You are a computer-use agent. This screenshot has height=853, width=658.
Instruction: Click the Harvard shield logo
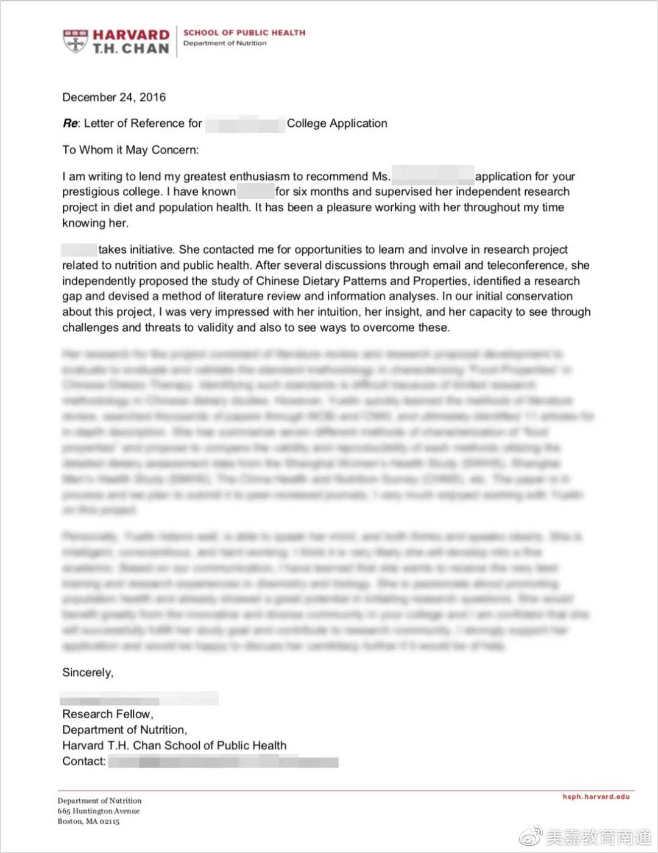(x=75, y=41)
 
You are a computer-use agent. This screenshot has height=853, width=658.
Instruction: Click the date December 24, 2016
(x=114, y=98)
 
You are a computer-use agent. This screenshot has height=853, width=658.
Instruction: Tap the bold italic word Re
(x=70, y=124)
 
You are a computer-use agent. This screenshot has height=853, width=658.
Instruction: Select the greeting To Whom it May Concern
(x=130, y=150)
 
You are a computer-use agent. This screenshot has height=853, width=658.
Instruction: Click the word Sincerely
(x=88, y=673)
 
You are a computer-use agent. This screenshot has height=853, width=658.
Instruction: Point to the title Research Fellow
(x=107, y=714)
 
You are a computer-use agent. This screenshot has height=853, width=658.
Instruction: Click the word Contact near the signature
(x=83, y=762)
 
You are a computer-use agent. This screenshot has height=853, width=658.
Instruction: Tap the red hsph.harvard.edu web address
(x=596, y=797)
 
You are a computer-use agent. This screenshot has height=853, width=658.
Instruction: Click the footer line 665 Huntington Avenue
(x=99, y=811)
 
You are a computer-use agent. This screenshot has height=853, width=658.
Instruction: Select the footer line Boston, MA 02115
(x=88, y=821)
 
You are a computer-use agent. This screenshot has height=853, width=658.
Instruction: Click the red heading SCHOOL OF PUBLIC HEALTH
(x=244, y=33)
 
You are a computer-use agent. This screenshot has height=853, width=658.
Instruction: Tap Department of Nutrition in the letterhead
(x=225, y=43)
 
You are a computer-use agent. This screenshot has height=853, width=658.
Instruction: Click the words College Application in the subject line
(x=337, y=124)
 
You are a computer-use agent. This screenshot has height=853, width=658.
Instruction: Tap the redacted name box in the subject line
(x=245, y=124)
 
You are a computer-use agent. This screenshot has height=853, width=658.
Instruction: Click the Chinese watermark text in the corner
(x=597, y=837)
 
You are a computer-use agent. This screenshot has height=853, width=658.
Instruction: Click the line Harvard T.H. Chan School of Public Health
(x=174, y=746)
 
